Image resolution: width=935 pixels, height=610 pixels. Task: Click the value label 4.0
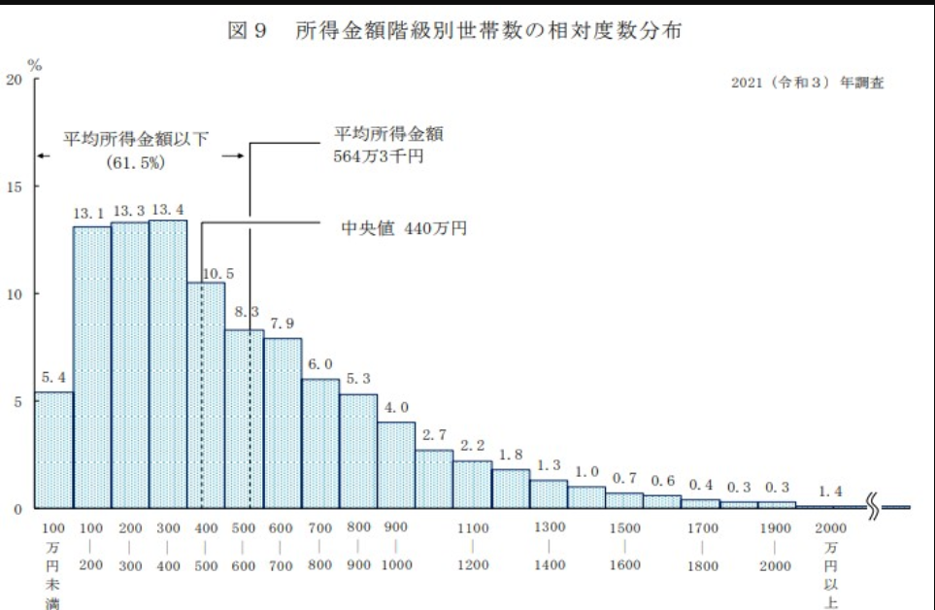pyautogui.click(x=396, y=407)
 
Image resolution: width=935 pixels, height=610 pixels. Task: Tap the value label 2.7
pyautogui.click(x=434, y=435)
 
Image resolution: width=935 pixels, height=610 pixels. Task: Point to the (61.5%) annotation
pyautogui.click(x=136, y=161)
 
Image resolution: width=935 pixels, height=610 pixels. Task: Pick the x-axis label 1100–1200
pyautogui.click(x=473, y=546)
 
